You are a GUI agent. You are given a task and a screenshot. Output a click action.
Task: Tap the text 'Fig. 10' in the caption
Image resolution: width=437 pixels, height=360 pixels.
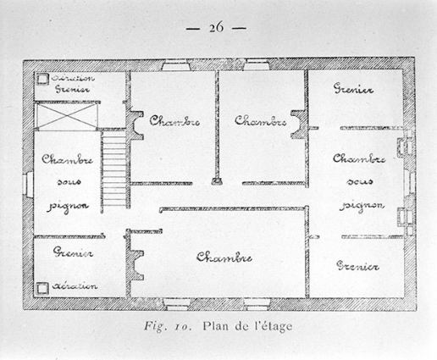172,324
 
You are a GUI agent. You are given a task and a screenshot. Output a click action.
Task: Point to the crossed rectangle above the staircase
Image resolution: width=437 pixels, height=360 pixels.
67,114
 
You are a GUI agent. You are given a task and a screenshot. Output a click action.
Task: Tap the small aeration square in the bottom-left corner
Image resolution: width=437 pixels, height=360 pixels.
41,287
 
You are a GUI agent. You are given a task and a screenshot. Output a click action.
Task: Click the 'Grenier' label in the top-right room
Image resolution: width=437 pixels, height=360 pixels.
355,88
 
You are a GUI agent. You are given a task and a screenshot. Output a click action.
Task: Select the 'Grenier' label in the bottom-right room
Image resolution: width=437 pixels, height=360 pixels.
357,267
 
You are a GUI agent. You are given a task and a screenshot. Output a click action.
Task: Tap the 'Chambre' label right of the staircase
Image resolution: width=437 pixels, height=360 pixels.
174,120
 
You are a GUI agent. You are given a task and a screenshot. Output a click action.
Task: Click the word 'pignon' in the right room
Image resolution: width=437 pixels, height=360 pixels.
361,205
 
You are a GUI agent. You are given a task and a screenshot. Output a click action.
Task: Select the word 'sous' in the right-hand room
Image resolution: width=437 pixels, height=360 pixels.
360,181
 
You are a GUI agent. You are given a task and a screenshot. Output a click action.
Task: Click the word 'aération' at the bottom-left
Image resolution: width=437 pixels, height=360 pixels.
76,286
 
